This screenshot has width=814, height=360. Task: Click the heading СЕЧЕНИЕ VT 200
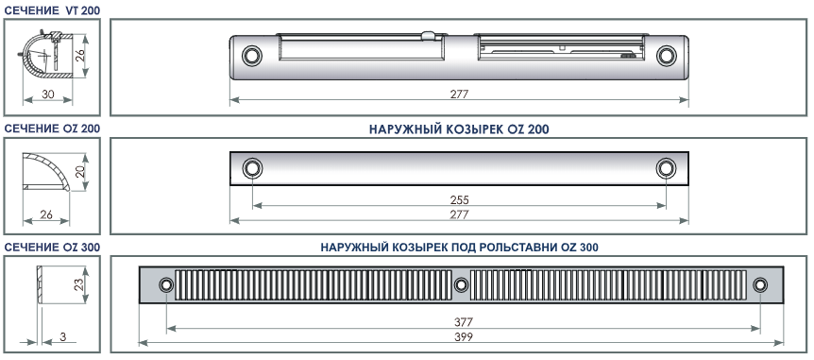(53, 9)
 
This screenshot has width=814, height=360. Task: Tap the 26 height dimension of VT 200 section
(80, 54)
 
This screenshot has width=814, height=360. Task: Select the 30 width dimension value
(48, 94)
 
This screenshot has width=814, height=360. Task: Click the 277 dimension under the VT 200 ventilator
(460, 94)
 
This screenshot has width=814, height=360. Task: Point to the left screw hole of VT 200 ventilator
(252, 55)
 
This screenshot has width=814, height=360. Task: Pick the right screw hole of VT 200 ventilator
(667, 56)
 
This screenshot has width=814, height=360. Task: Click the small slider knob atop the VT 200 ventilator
(429, 35)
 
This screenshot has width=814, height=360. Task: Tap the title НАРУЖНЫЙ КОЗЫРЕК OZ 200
(459, 129)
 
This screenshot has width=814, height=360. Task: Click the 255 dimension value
(460, 200)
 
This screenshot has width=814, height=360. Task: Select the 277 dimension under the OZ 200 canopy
(460, 214)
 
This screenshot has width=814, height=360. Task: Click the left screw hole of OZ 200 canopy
(252, 168)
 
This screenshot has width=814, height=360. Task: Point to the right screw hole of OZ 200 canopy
(666, 168)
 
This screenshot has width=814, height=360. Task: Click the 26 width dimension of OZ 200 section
(46, 214)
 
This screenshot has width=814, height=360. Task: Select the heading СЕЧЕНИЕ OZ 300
(53, 248)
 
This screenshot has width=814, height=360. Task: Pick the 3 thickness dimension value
(63, 336)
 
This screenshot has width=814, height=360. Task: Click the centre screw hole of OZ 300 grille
(461, 284)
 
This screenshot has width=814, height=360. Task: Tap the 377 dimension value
(463, 322)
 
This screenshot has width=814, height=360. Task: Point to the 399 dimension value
(463, 336)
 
